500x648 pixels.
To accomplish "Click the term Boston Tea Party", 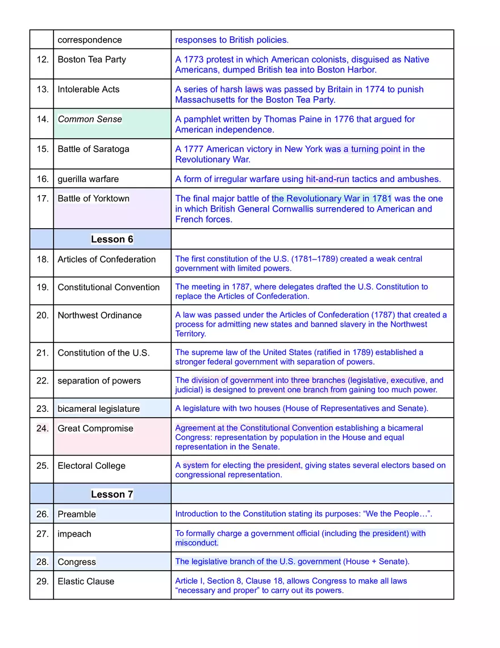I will click(91, 60).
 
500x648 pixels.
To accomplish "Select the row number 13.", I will click(43, 89).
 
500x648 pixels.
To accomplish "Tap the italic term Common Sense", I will click(90, 119).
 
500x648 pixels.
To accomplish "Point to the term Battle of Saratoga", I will click(93, 149).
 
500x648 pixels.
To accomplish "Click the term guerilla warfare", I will click(88, 179).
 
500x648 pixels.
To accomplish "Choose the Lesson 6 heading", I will click(112, 240).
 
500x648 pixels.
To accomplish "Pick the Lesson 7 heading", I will click(112, 494).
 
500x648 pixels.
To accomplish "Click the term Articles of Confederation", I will click(106, 259).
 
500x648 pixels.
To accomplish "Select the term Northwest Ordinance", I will click(99, 315).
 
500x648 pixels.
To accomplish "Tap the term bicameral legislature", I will click(98, 409).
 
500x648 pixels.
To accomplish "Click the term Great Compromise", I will click(95, 428).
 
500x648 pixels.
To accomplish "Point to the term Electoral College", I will click(91, 466).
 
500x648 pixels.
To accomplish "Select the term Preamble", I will click(77, 514).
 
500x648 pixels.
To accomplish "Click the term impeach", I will click(74, 534).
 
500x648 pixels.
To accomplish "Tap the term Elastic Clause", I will click(86, 581).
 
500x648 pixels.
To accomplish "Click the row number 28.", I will click(43, 562).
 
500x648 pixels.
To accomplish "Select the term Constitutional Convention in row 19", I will click(109, 287).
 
